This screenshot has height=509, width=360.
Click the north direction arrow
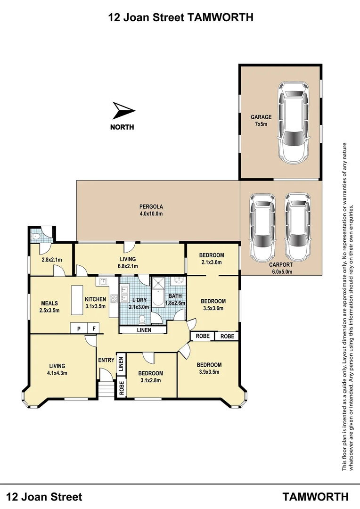124,111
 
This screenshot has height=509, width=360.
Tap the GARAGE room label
261,117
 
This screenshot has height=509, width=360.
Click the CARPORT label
281,265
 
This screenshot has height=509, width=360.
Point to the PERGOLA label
151,206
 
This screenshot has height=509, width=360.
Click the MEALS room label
49,303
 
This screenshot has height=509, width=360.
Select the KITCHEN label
96,299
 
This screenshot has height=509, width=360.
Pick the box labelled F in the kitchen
94,328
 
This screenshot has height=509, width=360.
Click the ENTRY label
106,361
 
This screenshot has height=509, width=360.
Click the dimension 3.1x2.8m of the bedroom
150,381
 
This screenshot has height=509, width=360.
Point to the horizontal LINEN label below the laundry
144,330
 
